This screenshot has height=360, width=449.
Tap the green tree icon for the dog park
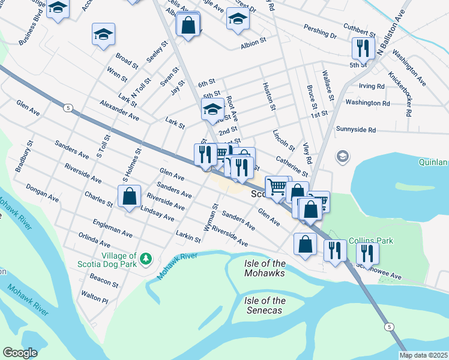pyautogui.click(x=145, y=259)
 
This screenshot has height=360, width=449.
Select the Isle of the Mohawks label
pyautogui.click(x=265, y=268)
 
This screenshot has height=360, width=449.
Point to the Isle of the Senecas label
pyautogui.click(x=265, y=305)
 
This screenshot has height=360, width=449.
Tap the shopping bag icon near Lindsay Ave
pyautogui.click(x=129, y=196)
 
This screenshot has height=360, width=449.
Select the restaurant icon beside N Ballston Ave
pyautogui.click(x=362, y=47)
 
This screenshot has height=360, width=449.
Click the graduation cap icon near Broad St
pyautogui.click(x=103, y=35)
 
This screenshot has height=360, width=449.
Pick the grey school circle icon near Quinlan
pyautogui.click(x=343, y=157)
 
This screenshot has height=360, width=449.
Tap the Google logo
pyautogui.click(x=19, y=353)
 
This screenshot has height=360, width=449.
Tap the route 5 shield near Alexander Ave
pyautogui.click(x=68, y=108)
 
